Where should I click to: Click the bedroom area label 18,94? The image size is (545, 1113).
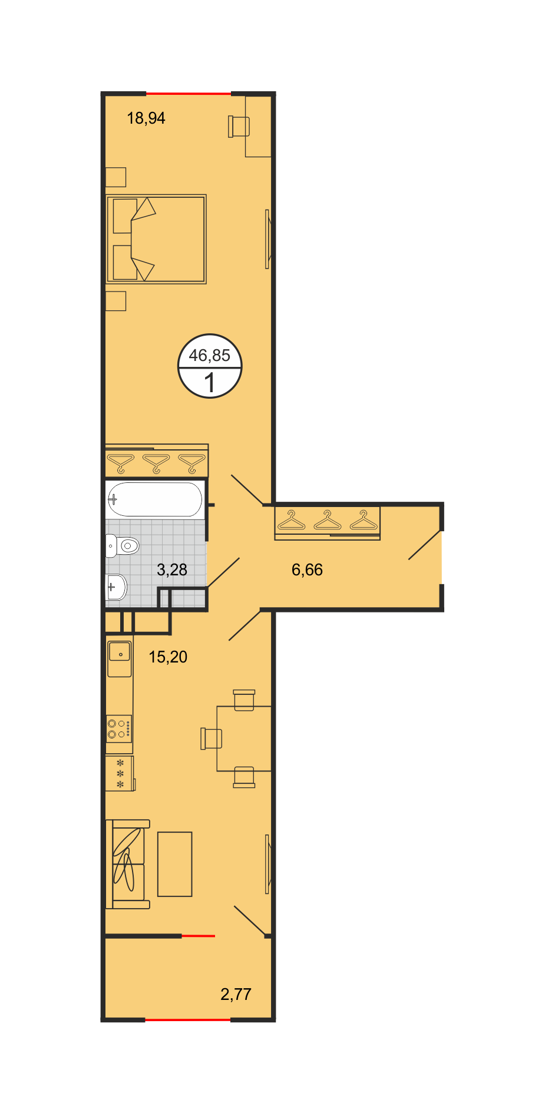(x=146, y=118)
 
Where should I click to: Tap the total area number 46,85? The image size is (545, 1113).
(x=209, y=355)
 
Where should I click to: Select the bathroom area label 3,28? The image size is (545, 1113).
(x=172, y=569)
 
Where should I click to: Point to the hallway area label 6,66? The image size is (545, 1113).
(x=307, y=569)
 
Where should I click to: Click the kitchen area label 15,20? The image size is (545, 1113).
(x=168, y=657)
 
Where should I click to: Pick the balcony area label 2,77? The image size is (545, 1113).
(x=236, y=994)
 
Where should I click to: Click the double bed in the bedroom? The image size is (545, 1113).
(x=156, y=239)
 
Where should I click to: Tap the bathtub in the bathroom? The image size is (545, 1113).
(x=155, y=499)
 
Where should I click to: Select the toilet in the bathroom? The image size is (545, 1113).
(x=122, y=546)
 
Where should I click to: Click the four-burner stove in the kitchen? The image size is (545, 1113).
(x=119, y=729)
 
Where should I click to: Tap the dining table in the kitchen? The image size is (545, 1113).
(x=244, y=738)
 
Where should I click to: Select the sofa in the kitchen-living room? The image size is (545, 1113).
(x=128, y=864)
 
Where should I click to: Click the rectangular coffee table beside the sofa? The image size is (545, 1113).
(x=175, y=864)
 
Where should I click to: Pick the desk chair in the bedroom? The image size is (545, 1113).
(x=239, y=127)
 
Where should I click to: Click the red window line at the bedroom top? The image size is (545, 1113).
(x=189, y=94)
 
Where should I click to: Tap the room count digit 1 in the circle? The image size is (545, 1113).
(x=210, y=383)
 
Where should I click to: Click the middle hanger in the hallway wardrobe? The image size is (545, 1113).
(x=328, y=521)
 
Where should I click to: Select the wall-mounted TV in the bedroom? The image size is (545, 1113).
(x=268, y=239)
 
